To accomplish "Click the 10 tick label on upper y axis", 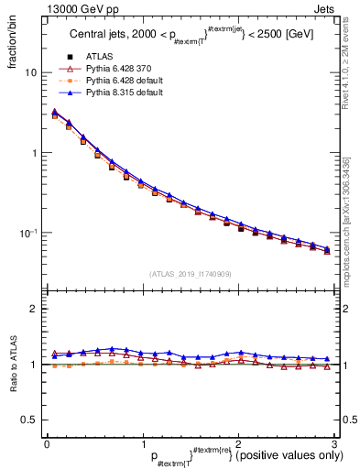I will point(30,72).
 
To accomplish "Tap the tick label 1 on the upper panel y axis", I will point(34,153).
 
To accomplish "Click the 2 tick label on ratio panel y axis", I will point(34,309).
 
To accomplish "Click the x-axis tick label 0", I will point(47,442).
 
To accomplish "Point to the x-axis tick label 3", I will point(335,442).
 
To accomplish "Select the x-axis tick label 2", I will point(239,442).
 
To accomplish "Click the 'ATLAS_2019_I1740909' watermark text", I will point(191,274).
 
